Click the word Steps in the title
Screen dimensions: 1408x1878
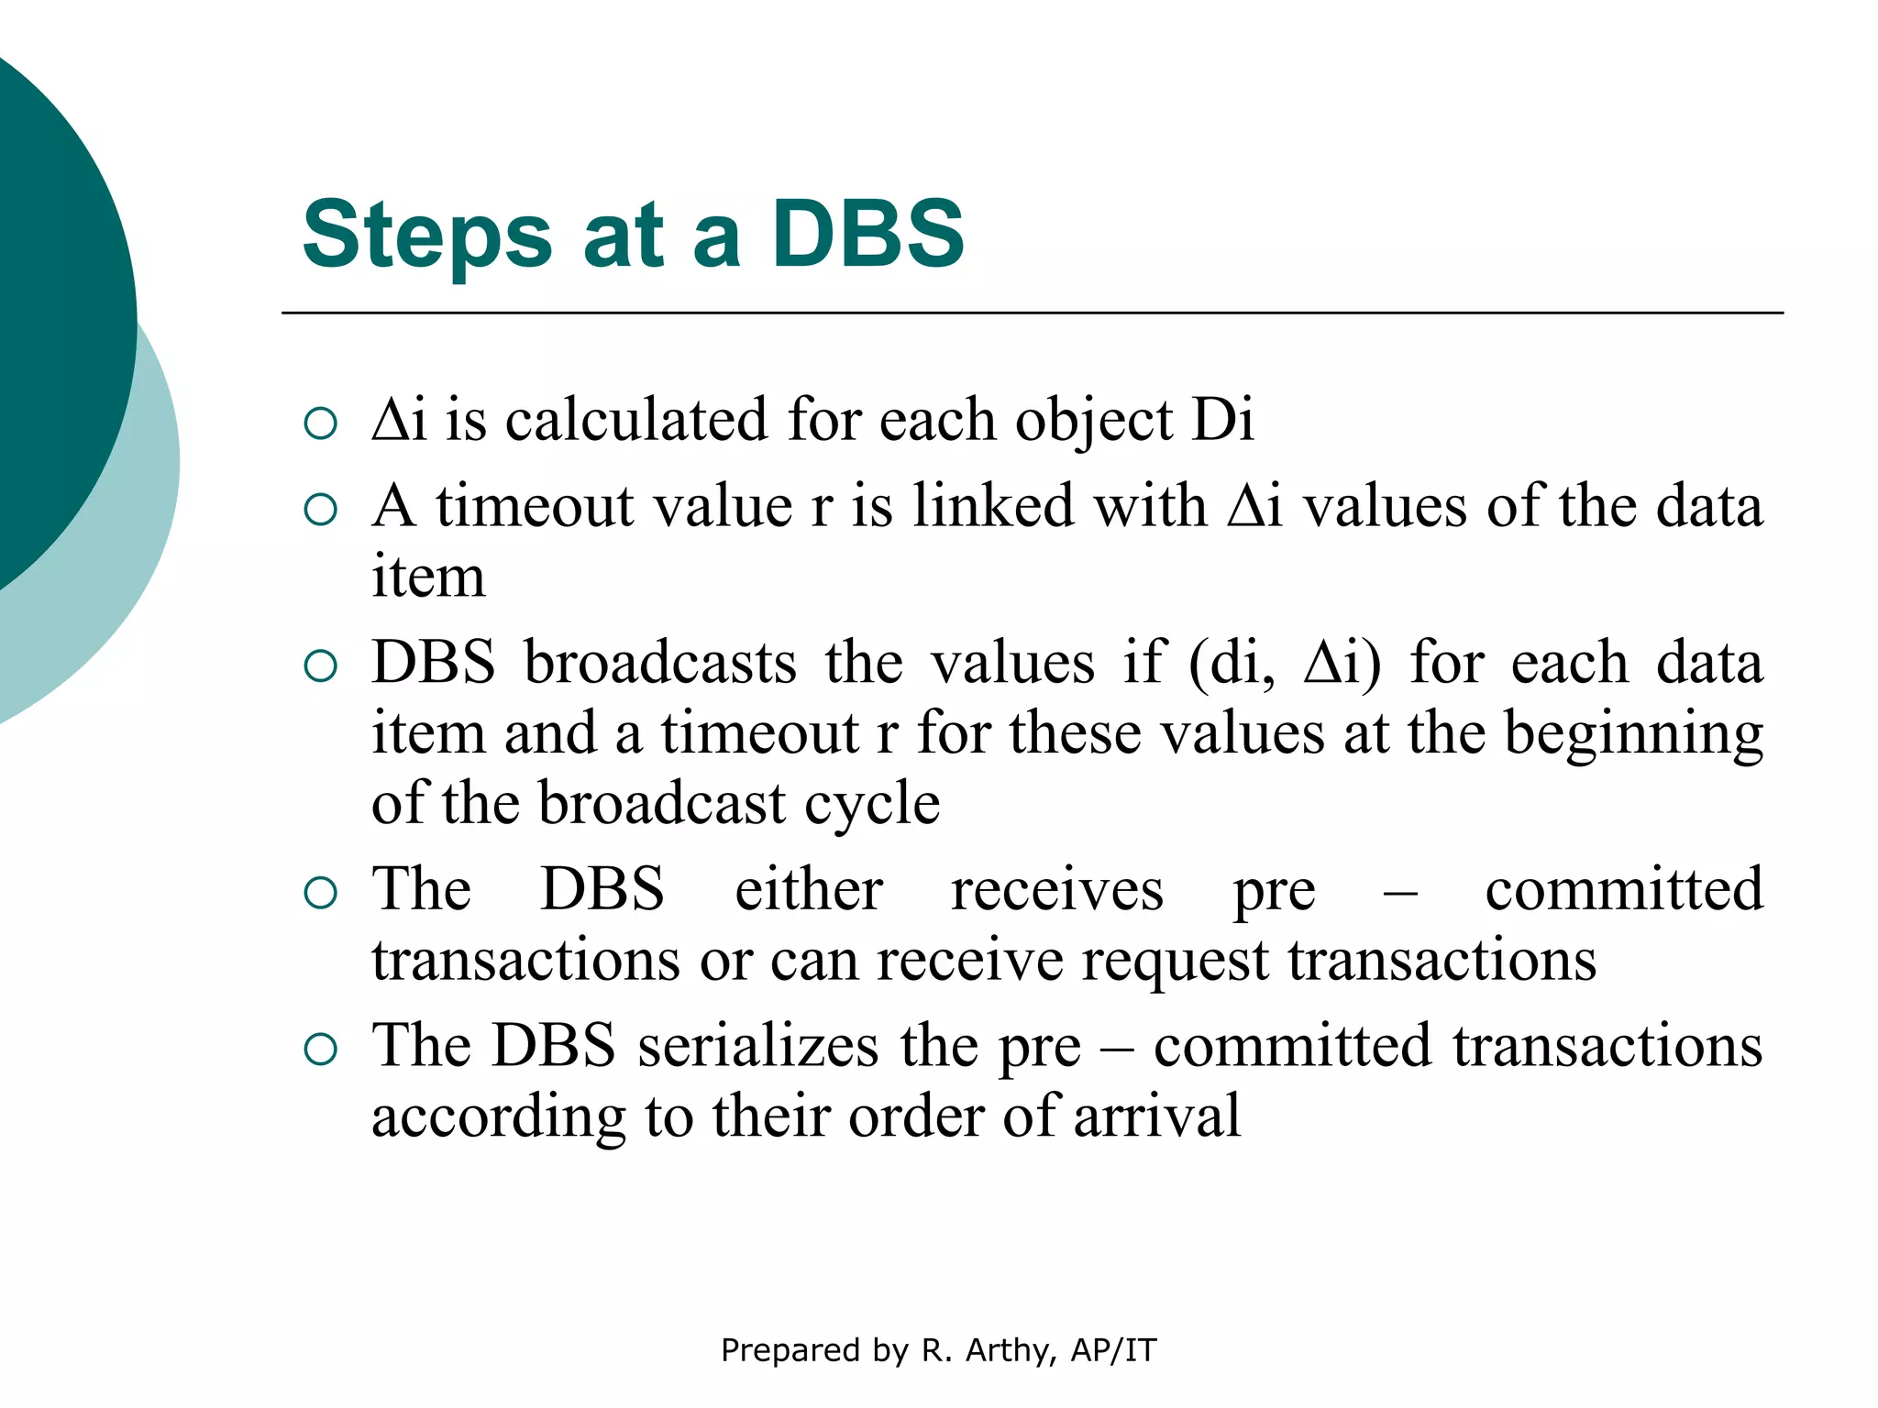tap(426, 236)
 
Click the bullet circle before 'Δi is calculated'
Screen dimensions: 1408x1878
tap(320, 423)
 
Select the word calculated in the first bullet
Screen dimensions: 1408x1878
tap(636, 420)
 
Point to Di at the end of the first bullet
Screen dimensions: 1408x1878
tap(1222, 420)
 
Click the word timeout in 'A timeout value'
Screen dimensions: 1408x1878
tap(536, 506)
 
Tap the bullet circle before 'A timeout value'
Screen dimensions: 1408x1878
tap(320, 510)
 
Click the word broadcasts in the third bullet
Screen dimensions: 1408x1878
tap(660, 663)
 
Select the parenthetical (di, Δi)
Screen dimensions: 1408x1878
tap(1284, 664)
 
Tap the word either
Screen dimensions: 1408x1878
tap(809, 889)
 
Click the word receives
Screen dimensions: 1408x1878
tap(1056, 889)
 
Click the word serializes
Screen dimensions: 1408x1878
tap(757, 1046)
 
